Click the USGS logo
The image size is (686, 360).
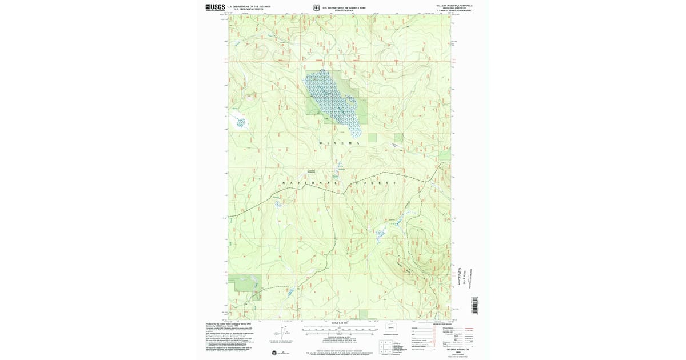pyautogui.click(x=215, y=7)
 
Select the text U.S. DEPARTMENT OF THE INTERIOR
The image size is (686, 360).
pyautogui.click(x=249, y=6)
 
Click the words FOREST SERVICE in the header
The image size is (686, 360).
pyautogui.click(x=344, y=10)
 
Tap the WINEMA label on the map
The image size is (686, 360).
pyautogui.click(x=340, y=143)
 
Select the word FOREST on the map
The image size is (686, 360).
pyautogui.click(x=374, y=183)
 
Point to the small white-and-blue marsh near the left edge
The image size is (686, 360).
pyautogui.click(x=240, y=121)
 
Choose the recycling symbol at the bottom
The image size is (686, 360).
pyautogui.click(x=275, y=353)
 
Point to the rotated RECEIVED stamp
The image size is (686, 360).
pyautogui.click(x=459, y=274)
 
